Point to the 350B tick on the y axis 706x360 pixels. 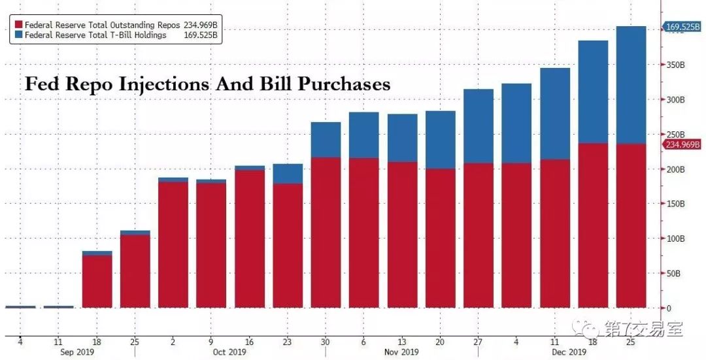[675, 65]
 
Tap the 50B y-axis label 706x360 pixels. [674, 273]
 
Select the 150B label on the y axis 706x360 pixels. [675, 204]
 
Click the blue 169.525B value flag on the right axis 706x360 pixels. [683, 27]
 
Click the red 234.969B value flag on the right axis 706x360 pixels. [683, 144]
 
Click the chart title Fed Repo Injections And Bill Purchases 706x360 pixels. [207, 84]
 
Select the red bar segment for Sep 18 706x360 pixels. [97, 281]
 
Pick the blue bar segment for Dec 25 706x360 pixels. [631, 85]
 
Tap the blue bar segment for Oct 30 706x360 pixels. [326, 140]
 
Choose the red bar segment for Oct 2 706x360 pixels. [173, 245]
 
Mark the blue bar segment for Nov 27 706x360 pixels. [479, 126]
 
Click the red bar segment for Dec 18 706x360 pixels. [594, 225]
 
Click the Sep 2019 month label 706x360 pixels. [77, 352]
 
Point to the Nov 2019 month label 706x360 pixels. [401, 352]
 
